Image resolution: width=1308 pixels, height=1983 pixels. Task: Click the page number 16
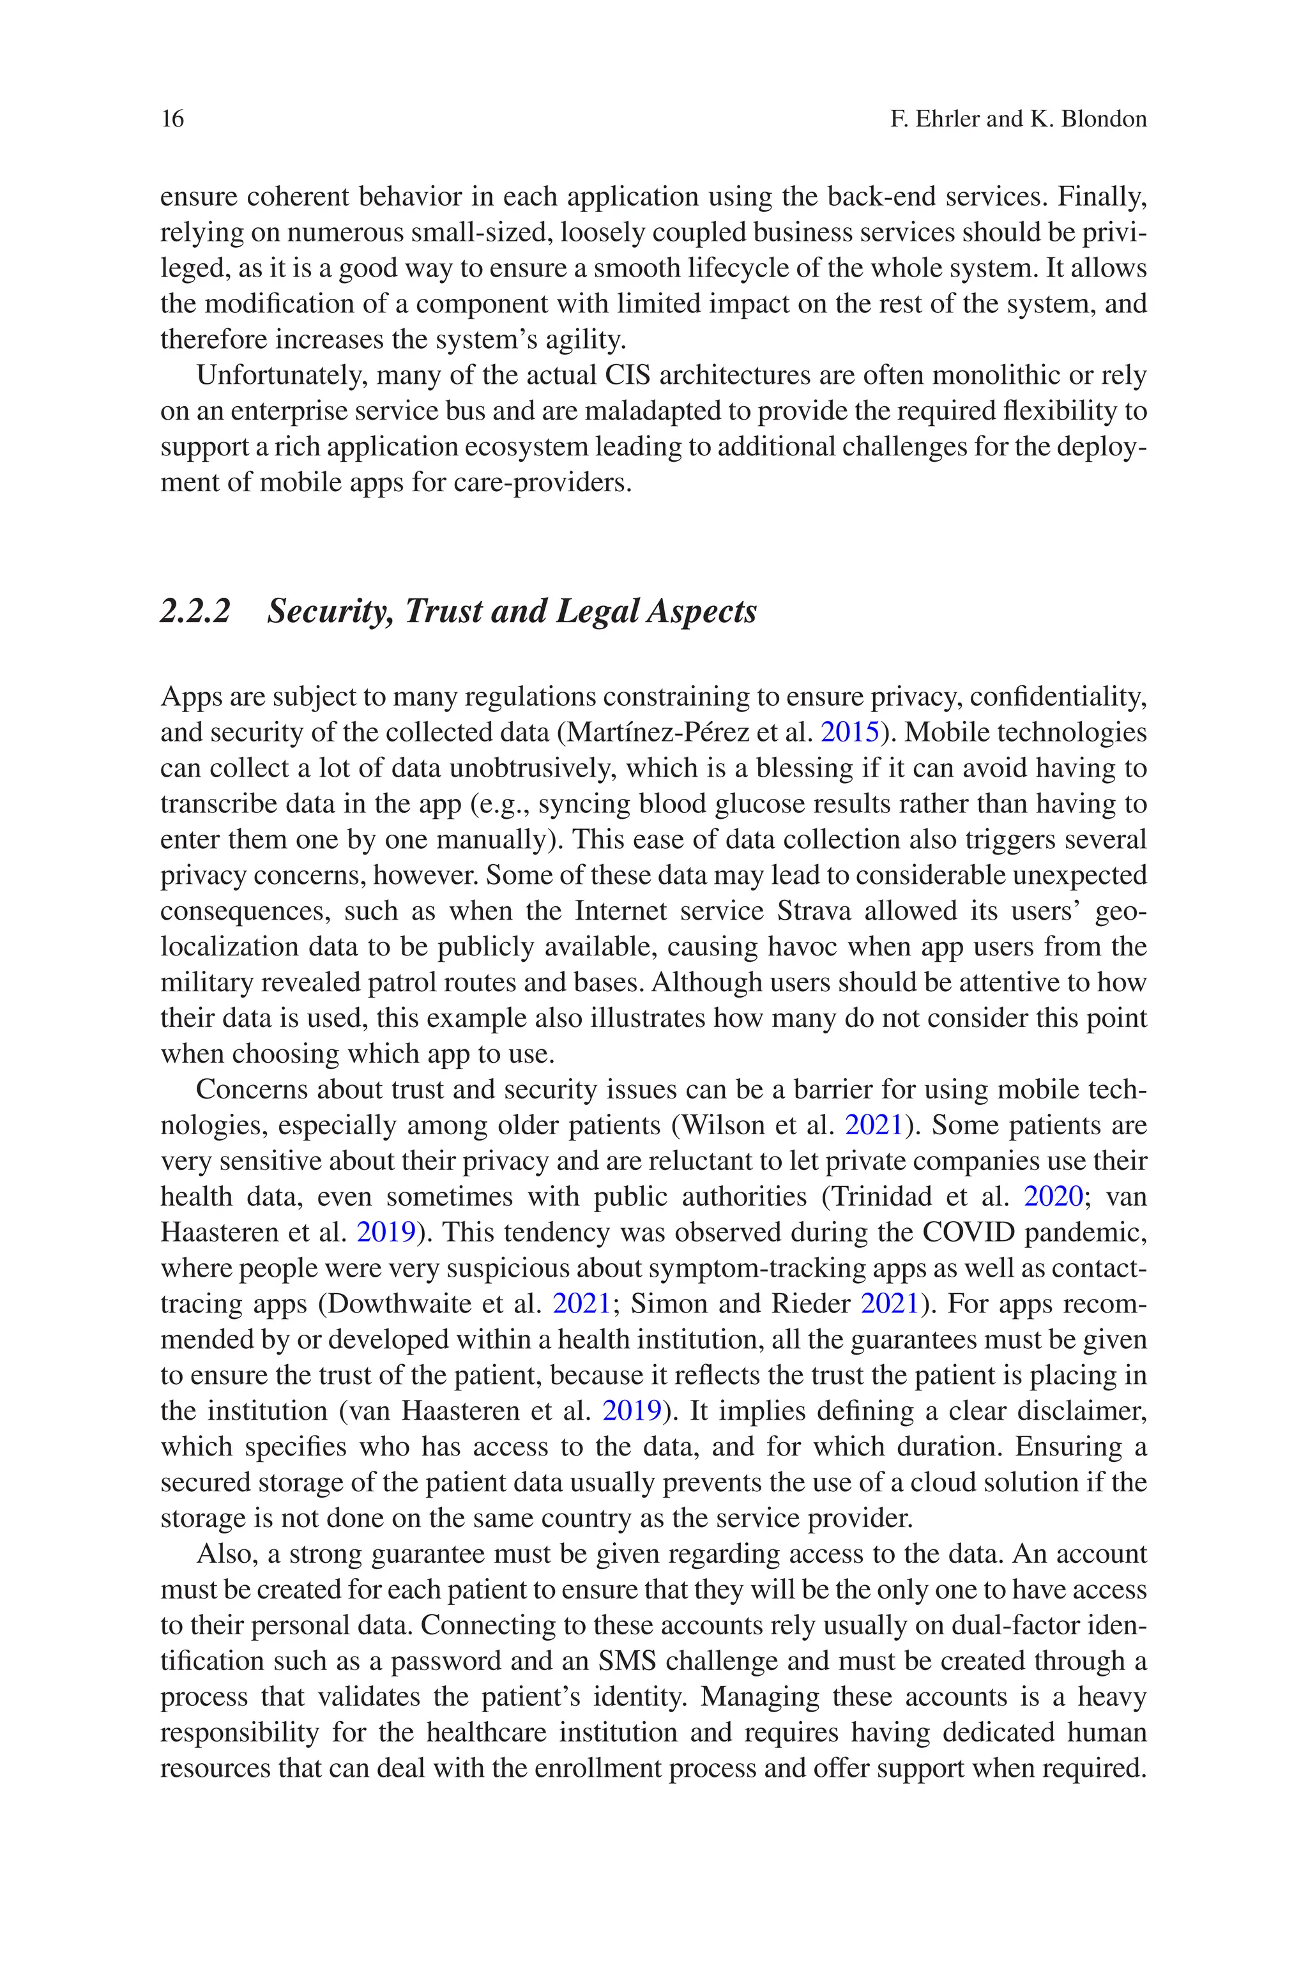172,119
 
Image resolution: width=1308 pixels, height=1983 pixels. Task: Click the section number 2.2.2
194,611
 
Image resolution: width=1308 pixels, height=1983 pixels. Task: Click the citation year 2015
850,732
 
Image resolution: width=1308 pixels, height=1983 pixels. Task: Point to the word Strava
813,911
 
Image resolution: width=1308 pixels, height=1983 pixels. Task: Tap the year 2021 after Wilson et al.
874,1126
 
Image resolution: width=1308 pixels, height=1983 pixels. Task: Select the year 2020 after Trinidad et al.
1053,1197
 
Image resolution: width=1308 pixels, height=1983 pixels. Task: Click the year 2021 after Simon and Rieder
889,1304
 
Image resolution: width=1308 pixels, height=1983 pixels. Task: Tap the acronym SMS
627,1661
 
